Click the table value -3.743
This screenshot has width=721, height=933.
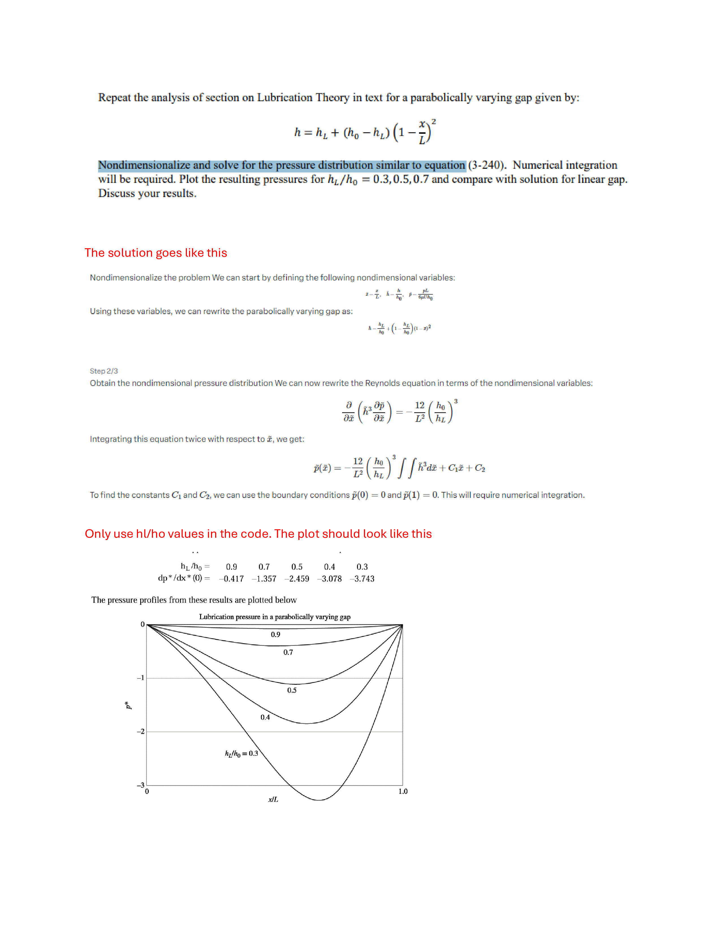[362, 578]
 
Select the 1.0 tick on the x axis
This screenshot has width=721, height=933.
[403, 792]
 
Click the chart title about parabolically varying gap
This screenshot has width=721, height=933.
[275, 617]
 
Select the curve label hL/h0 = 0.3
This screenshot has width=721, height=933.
[241, 753]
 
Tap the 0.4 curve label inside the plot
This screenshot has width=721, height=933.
[265, 717]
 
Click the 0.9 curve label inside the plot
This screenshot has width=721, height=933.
[275, 635]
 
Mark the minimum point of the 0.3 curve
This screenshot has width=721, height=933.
[319, 800]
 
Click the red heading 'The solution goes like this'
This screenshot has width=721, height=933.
[156, 253]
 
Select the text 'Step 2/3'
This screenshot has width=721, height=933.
[104, 371]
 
